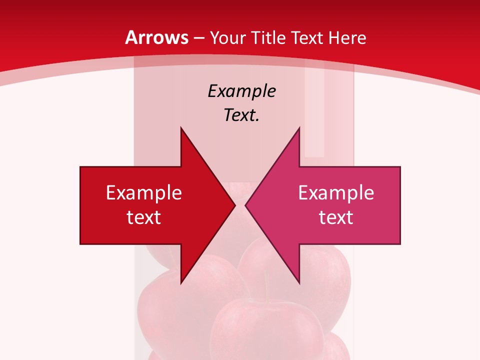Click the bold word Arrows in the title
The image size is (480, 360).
(156, 37)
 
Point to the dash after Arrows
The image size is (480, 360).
(198, 38)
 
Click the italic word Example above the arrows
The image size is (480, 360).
(241, 91)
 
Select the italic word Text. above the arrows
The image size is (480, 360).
(241, 115)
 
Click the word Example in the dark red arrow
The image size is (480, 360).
(144, 193)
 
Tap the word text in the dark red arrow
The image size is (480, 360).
(144, 217)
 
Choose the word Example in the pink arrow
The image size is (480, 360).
(336, 193)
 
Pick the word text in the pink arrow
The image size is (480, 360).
(336, 217)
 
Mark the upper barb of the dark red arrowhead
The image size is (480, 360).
(181, 131)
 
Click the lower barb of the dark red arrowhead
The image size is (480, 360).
(181, 281)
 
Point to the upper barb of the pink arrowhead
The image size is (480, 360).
(298, 131)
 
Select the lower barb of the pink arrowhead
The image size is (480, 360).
(298, 281)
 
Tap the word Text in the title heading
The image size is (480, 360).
(308, 37)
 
